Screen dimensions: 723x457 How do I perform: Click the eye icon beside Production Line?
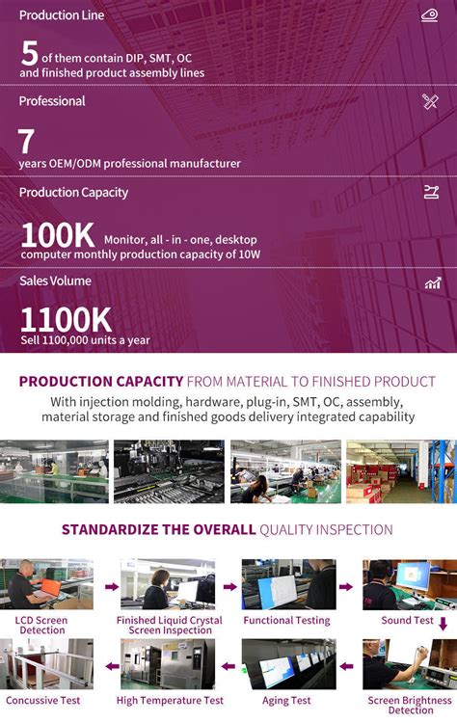point(430,14)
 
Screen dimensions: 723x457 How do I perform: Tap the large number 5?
point(29,54)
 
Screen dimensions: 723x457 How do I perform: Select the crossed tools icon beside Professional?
point(430,101)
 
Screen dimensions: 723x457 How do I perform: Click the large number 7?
point(26,143)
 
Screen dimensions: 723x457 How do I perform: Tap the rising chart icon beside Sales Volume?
point(432,282)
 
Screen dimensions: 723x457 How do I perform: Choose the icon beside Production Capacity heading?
point(431,192)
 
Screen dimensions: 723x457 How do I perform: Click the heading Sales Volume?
point(55,281)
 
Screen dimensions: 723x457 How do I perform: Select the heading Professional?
point(52,101)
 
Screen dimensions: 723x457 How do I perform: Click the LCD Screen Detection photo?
point(47,584)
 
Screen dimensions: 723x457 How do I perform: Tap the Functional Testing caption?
point(286,621)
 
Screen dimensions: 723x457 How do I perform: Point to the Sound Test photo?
point(409,584)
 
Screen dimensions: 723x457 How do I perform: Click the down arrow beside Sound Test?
point(443,624)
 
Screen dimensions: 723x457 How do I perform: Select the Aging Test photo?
point(287,663)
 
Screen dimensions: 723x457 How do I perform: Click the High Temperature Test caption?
point(170,701)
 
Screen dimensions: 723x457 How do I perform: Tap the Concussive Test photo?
point(47,663)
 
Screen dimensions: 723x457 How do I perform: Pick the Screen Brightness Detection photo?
point(409,663)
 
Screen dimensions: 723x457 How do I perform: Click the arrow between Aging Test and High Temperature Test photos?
point(228,665)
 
